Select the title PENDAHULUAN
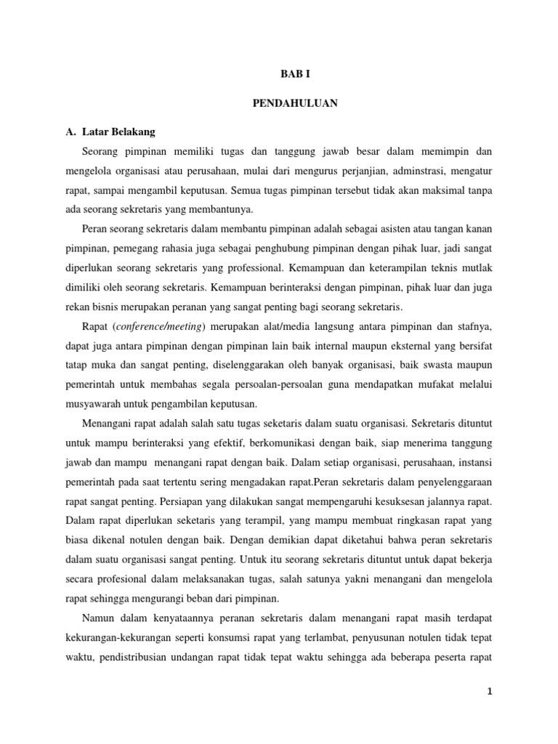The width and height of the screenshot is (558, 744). pos(294,104)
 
